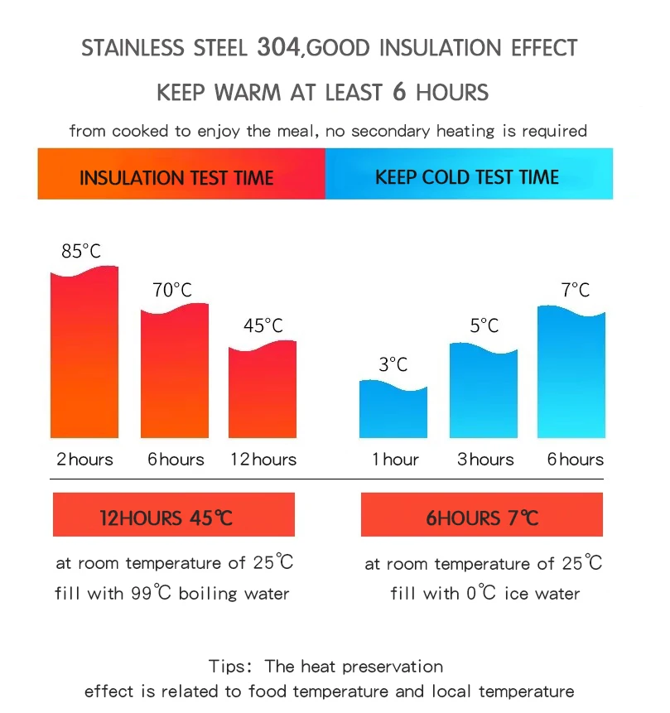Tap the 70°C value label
point(172,290)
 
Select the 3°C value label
point(393,364)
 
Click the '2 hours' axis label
point(84,460)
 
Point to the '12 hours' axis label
point(263,460)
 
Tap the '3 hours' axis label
point(485,460)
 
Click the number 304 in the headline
point(277,47)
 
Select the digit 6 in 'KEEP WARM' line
point(399,91)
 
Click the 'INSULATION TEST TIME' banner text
point(176,177)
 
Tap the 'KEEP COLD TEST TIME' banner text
point(467,176)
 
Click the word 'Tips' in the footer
point(226,667)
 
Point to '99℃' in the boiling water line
point(152,594)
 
